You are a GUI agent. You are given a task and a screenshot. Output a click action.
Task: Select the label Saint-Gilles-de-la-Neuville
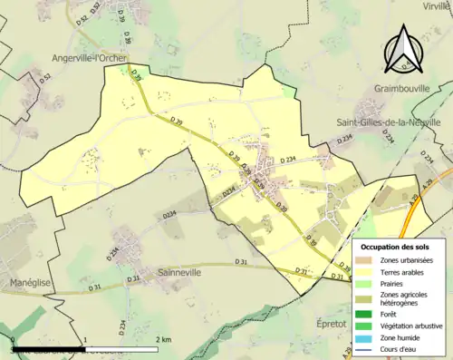[394, 123]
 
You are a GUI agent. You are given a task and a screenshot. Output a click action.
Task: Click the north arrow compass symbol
[403, 49]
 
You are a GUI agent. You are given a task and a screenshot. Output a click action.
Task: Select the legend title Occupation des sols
[395, 247]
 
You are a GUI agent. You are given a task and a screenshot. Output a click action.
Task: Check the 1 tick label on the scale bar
[84, 339]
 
